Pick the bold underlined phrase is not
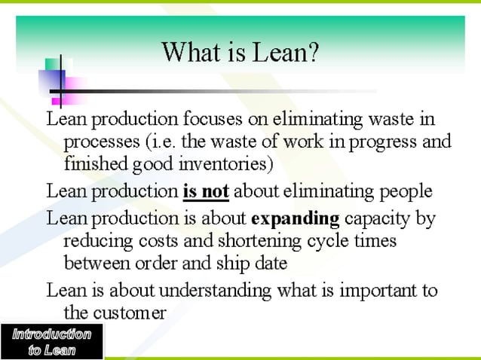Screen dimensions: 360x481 206,191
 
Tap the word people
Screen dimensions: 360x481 405,191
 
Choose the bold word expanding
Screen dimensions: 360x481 295,219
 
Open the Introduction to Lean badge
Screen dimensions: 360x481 51,341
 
